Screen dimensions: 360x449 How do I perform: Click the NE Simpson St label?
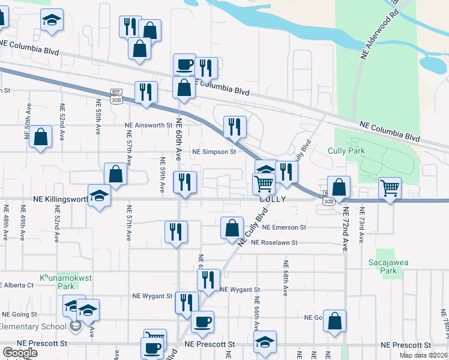[214, 152]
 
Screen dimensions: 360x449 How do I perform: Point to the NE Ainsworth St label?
[148, 125]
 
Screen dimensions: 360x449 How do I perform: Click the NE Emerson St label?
[285, 227]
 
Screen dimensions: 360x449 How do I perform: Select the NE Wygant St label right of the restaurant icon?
[238, 289]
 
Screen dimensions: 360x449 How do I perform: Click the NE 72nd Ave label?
[345, 229]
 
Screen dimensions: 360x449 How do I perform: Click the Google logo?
[20, 353]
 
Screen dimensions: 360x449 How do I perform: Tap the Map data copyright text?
[424, 355]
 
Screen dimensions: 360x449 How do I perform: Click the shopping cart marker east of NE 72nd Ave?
[390, 190]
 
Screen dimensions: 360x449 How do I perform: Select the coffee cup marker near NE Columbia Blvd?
[184, 64]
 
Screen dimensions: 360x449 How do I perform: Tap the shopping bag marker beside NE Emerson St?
[232, 228]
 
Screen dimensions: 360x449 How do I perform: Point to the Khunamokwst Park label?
[58, 282]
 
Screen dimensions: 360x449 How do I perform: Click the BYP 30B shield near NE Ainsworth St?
[116, 96]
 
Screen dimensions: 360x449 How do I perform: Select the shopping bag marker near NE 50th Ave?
[40, 137]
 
